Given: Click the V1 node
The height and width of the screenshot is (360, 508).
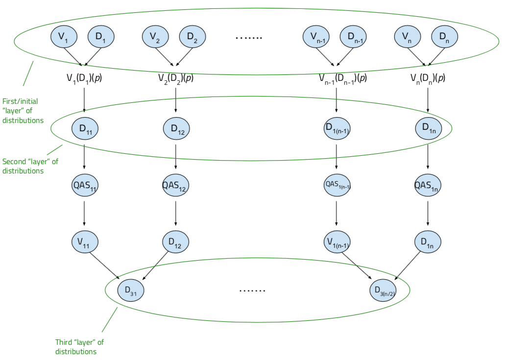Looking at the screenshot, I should (65, 36).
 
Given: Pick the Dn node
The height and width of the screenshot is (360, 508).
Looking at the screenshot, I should (445, 37).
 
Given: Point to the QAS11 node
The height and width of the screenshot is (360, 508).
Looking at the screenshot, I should (85, 185).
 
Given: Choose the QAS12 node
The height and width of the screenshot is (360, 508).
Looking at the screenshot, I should (175, 185).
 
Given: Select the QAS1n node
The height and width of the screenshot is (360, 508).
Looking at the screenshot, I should (428, 185).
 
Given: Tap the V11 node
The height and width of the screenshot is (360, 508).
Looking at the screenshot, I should (85, 241).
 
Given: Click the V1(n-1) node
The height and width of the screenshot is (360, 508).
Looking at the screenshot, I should (337, 241).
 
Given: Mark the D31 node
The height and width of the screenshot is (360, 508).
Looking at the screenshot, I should (131, 290).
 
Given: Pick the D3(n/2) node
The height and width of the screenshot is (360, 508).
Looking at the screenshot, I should (383, 290).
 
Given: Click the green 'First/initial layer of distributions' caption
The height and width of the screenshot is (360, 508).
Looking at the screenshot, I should (23, 111).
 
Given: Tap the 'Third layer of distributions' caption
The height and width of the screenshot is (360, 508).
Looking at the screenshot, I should (79, 347).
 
